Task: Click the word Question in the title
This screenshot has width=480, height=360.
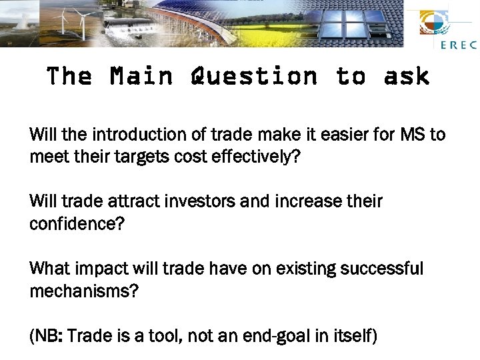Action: (x=254, y=77)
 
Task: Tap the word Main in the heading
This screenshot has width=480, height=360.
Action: (x=141, y=77)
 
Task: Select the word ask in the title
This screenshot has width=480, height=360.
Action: (x=406, y=77)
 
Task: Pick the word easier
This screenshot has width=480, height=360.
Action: (x=339, y=135)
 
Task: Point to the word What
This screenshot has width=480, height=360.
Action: (x=48, y=269)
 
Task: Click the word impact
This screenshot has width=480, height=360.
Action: (x=97, y=269)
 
